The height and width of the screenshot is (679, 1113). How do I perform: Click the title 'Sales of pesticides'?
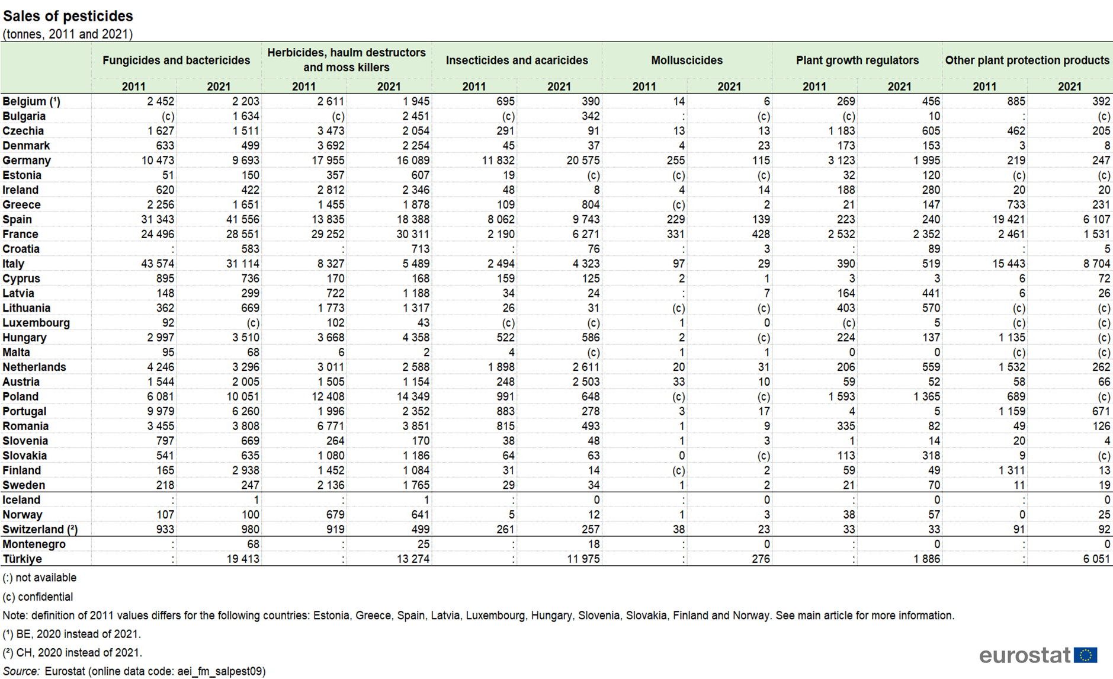[x=68, y=16]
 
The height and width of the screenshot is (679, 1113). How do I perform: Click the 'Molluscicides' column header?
[x=687, y=60]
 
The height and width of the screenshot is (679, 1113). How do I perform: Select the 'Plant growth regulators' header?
[x=857, y=60]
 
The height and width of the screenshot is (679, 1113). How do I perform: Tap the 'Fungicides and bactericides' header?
[x=176, y=60]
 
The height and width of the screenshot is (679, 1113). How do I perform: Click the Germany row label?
[x=27, y=161]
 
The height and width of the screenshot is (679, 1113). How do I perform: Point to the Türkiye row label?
[x=23, y=559]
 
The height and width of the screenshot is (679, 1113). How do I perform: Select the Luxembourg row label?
[x=36, y=323]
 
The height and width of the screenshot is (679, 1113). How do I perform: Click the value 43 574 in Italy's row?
[x=158, y=264]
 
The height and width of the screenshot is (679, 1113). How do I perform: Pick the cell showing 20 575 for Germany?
[x=583, y=161]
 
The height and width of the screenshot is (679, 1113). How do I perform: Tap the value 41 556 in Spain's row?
[x=243, y=219]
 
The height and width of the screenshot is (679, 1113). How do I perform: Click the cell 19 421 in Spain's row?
[x=1008, y=219]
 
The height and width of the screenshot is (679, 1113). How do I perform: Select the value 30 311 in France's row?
[x=413, y=234]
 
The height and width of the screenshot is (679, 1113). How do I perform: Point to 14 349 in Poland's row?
[x=413, y=396]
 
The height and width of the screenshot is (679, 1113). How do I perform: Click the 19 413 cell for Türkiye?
[x=243, y=559]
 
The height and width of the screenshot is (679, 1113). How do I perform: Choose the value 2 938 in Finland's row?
[x=245, y=470]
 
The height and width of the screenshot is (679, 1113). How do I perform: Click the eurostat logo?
[x=1038, y=655]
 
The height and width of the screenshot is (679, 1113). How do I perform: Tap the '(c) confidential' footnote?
[x=38, y=597]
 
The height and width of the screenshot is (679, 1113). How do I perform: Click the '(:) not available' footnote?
[x=40, y=578]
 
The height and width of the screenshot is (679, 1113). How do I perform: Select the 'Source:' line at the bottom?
[x=134, y=671]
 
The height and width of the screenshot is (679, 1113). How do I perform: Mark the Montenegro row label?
[x=34, y=544]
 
